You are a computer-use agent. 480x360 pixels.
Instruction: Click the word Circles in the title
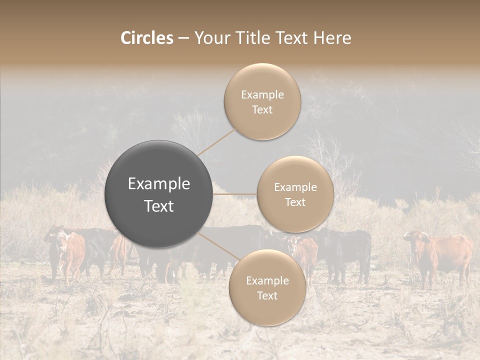[146, 38]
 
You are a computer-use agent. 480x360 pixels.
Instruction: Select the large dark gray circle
[158, 194]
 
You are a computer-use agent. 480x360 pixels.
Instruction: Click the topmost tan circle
[262, 101]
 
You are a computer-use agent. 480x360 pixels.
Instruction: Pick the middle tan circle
[295, 194]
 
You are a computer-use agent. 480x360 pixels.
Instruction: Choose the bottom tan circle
[267, 288]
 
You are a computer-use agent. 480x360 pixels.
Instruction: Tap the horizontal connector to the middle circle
[234, 194]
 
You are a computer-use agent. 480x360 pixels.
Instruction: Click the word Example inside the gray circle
[158, 184]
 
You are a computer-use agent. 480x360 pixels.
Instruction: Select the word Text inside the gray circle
[158, 206]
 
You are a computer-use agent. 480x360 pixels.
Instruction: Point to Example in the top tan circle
[262, 94]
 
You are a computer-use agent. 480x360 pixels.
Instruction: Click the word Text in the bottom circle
[267, 295]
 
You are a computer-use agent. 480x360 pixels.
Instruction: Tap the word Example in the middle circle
[295, 187]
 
